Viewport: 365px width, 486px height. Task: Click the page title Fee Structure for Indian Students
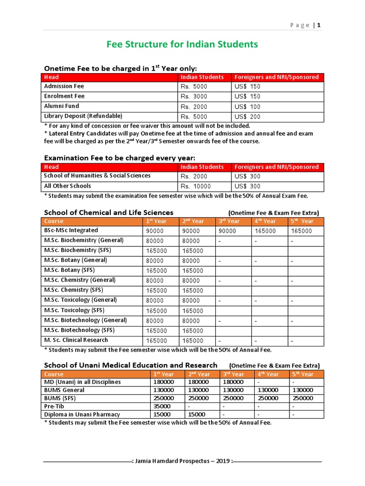click(x=182, y=45)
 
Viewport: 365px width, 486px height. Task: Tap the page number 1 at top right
click(x=319, y=25)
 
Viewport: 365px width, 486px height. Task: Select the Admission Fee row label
click(x=64, y=86)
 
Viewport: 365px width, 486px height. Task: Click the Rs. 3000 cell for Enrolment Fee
click(x=194, y=96)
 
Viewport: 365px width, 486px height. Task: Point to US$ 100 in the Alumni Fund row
click(x=248, y=107)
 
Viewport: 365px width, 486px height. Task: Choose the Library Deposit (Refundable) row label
click(x=83, y=116)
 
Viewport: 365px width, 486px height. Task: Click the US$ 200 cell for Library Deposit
click(x=248, y=117)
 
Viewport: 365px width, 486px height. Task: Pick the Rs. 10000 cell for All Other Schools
click(x=195, y=187)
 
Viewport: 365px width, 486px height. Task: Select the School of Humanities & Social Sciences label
click(x=97, y=176)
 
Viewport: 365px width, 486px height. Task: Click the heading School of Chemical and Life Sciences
click(x=108, y=213)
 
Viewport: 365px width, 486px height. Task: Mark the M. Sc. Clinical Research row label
click(x=76, y=340)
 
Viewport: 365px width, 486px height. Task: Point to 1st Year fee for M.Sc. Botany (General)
click(x=154, y=261)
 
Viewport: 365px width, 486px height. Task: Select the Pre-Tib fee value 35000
click(x=162, y=407)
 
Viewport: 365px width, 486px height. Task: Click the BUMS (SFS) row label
click(x=60, y=398)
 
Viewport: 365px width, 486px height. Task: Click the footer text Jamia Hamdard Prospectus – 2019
click(x=182, y=461)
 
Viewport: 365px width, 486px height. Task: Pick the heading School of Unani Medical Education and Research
click(x=131, y=365)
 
